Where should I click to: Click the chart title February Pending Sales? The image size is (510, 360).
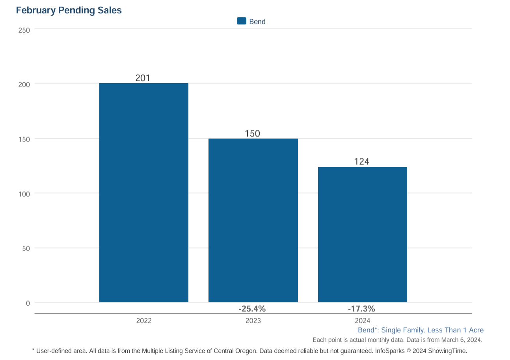point(69,11)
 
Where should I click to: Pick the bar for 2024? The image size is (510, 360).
point(362,234)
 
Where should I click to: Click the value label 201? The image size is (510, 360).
point(143,78)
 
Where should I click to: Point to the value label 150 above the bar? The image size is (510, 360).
point(252,134)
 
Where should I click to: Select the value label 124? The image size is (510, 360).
point(361,162)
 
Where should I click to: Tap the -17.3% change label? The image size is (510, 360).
point(361,308)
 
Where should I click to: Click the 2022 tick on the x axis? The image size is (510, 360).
point(144,321)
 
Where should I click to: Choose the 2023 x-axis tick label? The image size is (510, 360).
point(253,321)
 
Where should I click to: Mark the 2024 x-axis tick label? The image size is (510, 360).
point(363,321)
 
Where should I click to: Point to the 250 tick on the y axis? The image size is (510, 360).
point(24,30)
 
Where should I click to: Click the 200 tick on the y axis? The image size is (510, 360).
point(24,84)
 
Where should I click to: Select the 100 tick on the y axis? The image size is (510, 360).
point(24,194)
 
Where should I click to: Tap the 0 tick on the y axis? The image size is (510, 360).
point(28,303)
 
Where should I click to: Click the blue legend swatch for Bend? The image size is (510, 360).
point(242,21)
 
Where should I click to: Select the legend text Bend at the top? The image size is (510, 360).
point(257,22)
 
